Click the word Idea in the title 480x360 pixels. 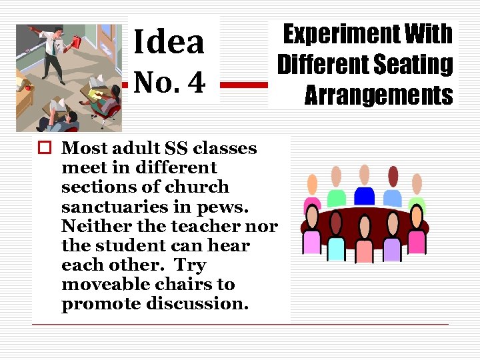(169, 41)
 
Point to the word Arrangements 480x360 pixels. (378, 95)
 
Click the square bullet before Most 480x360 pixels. (42, 148)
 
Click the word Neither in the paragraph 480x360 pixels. (90, 226)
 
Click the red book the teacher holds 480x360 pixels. (75, 41)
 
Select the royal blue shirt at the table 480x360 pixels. (364, 196)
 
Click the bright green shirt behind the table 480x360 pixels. (336, 197)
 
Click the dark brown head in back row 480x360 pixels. (393, 176)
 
